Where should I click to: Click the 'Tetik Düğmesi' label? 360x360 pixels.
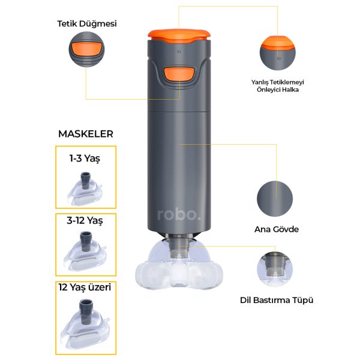point(87,23)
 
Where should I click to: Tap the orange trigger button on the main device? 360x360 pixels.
point(179,74)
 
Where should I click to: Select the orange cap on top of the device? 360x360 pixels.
point(179,36)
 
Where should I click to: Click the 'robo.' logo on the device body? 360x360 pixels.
point(179,214)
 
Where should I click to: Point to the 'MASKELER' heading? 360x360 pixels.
point(86,134)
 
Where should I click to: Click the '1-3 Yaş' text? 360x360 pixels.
point(85,158)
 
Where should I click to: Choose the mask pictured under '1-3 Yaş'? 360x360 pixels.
point(85,188)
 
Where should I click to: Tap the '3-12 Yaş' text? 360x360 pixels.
point(85,221)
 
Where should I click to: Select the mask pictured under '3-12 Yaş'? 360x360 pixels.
point(85,251)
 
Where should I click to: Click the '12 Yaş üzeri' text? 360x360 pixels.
point(85,287)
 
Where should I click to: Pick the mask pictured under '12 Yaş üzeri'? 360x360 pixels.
point(85,324)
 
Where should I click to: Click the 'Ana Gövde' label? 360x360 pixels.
point(277,229)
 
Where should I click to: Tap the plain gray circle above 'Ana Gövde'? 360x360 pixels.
point(275,199)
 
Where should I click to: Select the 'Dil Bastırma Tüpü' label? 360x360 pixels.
point(277,301)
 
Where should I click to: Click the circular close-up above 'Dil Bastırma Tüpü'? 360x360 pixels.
point(275,269)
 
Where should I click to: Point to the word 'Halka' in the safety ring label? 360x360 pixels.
point(290,89)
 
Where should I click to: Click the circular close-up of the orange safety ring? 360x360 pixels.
point(278,53)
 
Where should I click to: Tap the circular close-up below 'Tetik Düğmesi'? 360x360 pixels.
point(86,49)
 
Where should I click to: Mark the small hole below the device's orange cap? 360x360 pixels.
point(179,52)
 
